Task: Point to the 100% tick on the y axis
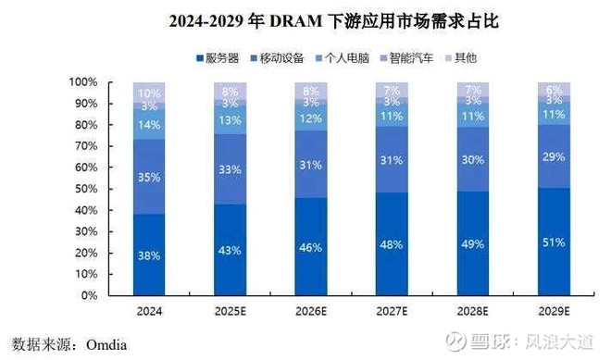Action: coord(85,82)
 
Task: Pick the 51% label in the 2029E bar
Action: coord(554,243)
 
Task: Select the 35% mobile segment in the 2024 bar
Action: coord(148,177)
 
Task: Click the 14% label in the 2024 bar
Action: coord(148,124)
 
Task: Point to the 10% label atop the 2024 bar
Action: coord(148,93)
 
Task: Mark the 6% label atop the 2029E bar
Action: coord(554,89)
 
